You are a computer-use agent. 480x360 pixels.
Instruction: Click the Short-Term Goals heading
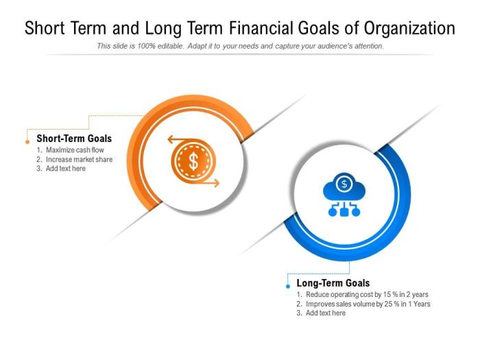tap(74, 139)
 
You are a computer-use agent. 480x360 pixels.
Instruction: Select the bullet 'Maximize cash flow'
tap(75, 149)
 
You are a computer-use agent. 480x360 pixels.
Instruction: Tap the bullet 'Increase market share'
tap(79, 159)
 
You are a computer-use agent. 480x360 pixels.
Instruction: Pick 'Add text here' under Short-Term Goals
tap(66, 169)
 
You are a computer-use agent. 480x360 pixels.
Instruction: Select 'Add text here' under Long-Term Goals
tap(326, 313)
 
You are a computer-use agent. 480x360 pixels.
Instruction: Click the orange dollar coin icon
tap(193, 162)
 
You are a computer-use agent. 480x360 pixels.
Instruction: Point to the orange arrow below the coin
tap(206, 183)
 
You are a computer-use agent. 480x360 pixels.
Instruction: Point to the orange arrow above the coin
tap(180, 140)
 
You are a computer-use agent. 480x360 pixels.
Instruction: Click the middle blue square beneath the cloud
tap(344, 213)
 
